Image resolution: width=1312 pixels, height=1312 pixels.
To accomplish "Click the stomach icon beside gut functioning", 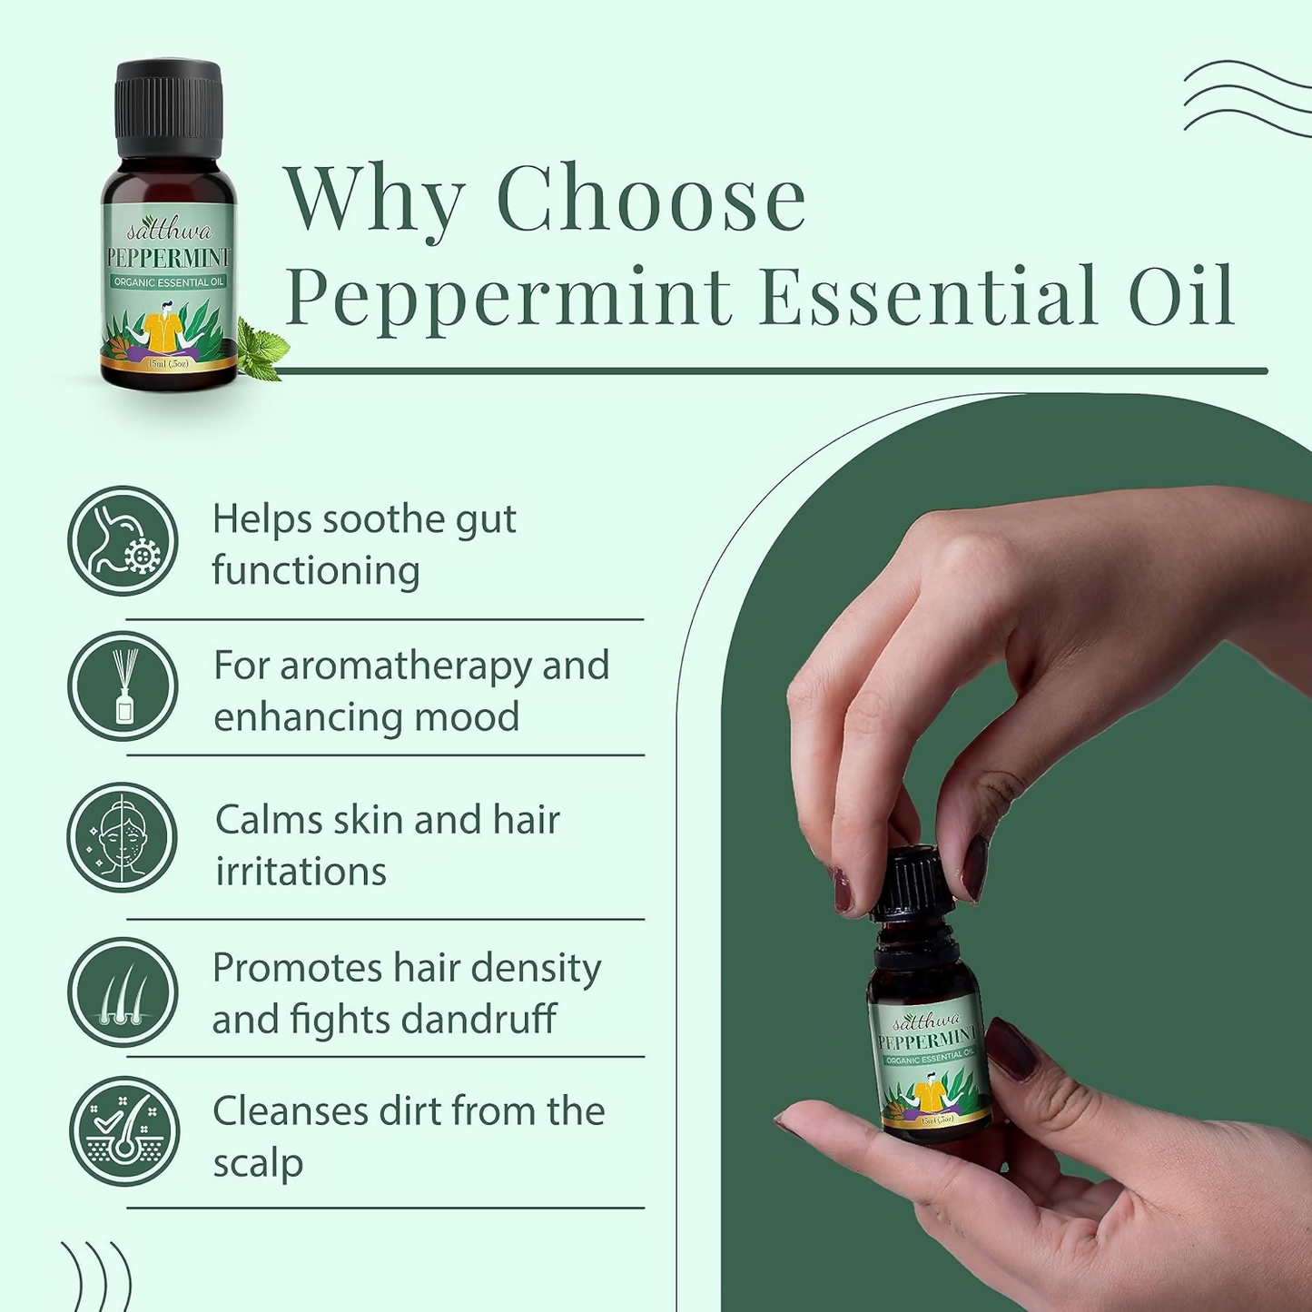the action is [x=123, y=541].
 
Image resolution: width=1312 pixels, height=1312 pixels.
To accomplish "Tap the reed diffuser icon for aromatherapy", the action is [x=123, y=686].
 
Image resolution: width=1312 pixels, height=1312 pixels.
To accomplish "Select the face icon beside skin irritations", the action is [x=123, y=837].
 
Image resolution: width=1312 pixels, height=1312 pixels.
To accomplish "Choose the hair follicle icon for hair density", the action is [x=123, y=992].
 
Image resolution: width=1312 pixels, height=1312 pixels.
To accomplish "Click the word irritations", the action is [x=301, y=871].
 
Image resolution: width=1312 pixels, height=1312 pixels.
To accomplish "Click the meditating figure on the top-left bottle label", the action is [x=168, y=331].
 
